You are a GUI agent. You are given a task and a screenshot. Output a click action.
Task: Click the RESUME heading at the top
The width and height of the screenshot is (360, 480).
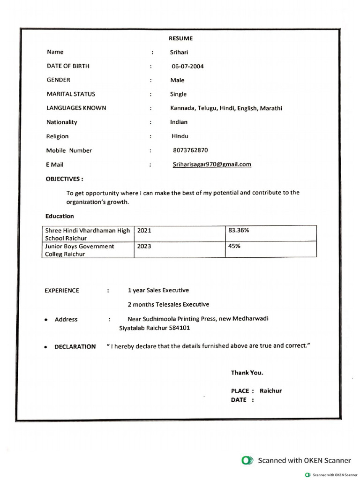coord(180,38)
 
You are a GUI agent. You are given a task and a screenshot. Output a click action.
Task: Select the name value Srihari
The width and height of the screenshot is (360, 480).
coord(179,52)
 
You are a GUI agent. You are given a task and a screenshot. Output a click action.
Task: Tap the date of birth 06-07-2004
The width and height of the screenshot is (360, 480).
coord(187,66)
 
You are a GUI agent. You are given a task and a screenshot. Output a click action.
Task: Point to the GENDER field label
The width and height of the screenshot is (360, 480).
coord(58,80)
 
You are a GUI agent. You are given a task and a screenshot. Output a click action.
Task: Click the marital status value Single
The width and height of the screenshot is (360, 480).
coord(178,94)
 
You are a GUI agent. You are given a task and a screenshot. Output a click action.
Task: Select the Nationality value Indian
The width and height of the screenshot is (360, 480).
coord(179,122)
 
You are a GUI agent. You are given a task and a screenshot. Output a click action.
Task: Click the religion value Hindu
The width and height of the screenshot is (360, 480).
coord(180,136)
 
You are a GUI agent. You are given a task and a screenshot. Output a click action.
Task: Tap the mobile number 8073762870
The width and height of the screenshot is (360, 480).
coord(190,150)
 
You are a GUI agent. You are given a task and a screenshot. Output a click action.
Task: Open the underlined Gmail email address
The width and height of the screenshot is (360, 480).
coord(212,164)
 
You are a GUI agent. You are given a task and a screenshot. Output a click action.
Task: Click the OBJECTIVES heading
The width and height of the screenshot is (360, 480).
coord(64,179)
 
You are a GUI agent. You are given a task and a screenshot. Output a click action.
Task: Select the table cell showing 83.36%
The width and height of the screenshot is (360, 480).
coord(239,231)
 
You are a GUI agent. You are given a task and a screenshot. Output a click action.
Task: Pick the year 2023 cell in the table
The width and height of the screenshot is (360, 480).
coord(144,246)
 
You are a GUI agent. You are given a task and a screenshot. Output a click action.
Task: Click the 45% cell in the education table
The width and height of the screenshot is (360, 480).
coord(234,246)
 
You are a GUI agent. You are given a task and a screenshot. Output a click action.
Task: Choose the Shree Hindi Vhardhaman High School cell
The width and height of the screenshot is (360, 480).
coord(87,234)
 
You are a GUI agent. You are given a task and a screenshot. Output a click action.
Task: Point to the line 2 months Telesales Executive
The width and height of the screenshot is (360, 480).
coord(168,304)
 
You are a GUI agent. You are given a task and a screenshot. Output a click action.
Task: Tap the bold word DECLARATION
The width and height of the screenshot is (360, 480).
coord(75,347)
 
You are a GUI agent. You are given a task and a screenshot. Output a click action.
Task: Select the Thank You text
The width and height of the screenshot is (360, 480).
coord(247,373)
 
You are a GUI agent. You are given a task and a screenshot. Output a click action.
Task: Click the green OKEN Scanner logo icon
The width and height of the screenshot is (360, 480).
coord(247,460)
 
